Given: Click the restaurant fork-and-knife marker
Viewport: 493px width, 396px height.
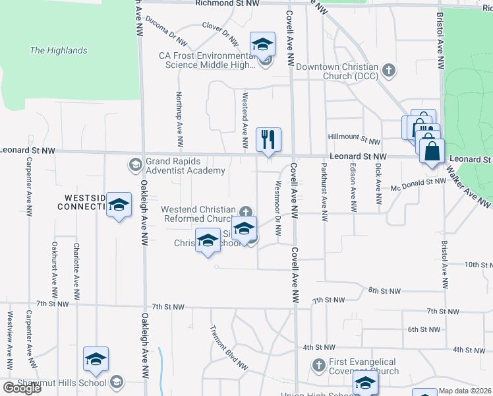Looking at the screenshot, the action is pos(268,140).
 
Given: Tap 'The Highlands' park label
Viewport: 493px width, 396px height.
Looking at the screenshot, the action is pos(59,50).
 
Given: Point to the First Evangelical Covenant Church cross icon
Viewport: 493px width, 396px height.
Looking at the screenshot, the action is pos(318,365).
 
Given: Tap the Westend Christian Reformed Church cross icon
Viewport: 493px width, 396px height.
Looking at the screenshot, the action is pos(246,212).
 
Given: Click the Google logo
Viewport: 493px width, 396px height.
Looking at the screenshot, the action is pos(22,388).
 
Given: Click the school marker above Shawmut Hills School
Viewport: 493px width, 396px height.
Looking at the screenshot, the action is pos(96,360).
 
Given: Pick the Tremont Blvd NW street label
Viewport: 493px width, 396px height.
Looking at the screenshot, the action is pos(228,348).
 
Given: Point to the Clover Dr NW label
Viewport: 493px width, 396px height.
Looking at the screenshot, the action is pos(219,29).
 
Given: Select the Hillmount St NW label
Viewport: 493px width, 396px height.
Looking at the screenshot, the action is pos(355,141).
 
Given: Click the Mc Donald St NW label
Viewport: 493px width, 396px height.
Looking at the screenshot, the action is pos(418,182).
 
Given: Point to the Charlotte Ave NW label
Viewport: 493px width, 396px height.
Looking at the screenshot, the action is pos(76,264).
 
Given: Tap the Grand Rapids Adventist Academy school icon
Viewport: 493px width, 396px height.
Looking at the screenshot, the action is pos(135,164).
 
